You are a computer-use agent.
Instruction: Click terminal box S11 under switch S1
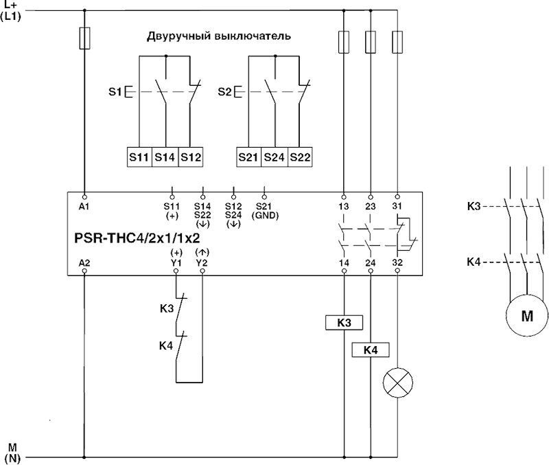coord(139,157)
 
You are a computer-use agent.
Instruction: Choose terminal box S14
coord(165,157)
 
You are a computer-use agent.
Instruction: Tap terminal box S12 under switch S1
coord(191,157)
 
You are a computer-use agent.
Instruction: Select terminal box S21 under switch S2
coord(248,157)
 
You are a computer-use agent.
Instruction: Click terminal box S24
coord(274,157)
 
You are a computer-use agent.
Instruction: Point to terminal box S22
coord(300,157)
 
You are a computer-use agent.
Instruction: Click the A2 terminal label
coord(84,262)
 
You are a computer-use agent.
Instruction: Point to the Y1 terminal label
coord(176,262)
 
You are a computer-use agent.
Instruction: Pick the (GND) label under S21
coord(264,214)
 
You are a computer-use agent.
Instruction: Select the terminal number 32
coord(397,262)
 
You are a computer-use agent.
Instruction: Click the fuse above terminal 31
coord(397,43)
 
